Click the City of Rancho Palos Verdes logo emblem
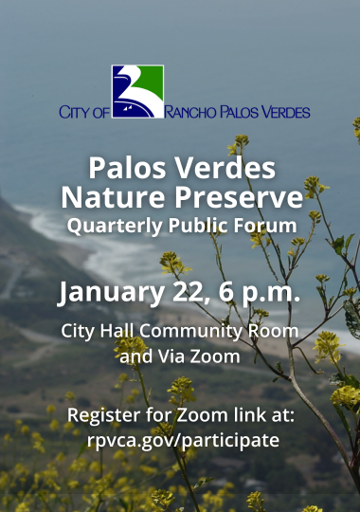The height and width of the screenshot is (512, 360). click(137, 91)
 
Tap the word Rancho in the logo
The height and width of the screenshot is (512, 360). click(193, 113)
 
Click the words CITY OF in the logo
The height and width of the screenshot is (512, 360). click(84, 113)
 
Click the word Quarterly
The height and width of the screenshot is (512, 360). click(106, 227)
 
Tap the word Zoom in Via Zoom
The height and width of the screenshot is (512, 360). click(217, 357)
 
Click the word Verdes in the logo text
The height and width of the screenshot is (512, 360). click(281, 113)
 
